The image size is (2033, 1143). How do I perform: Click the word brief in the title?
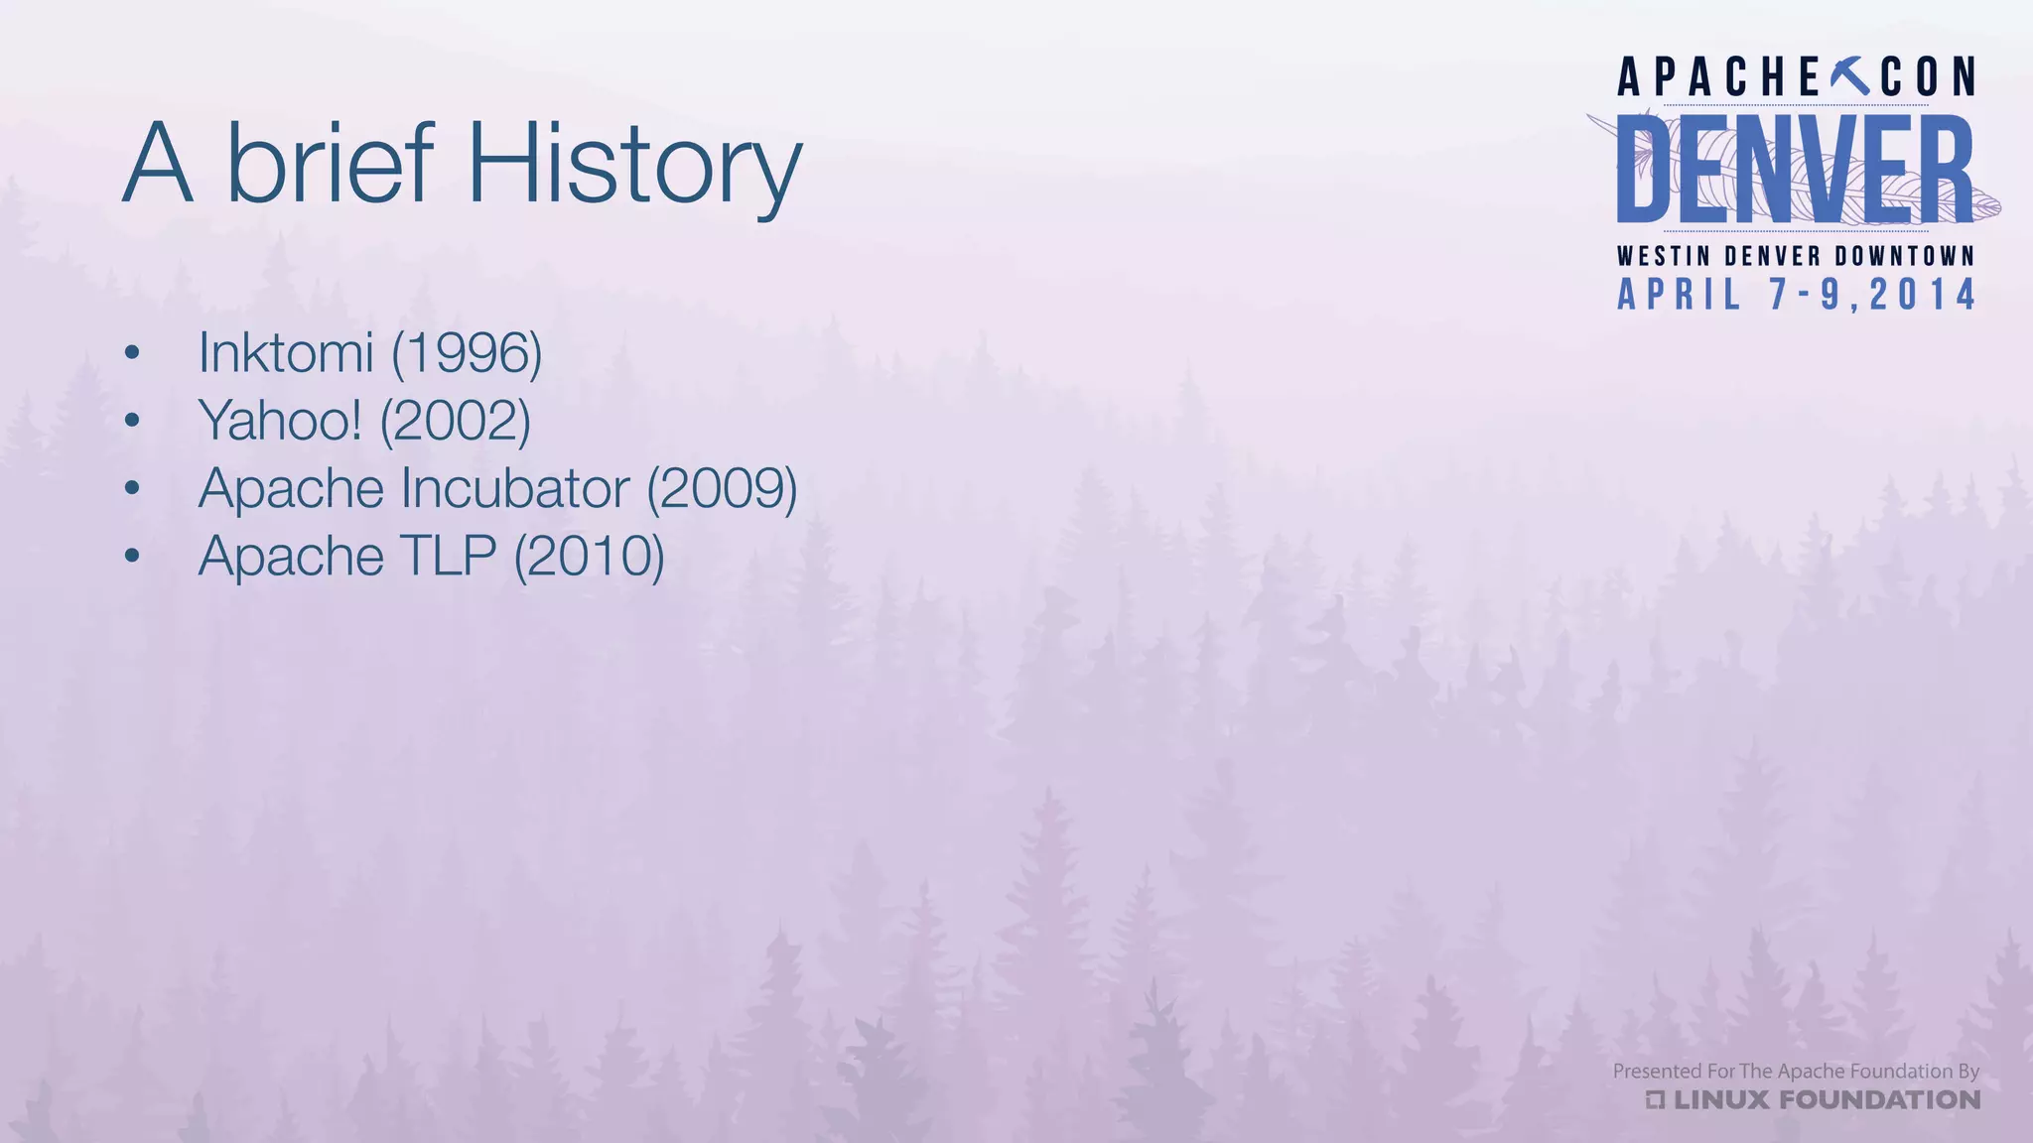click(331, 162)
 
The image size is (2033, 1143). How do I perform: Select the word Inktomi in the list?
click(286, 352)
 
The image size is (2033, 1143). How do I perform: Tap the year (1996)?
click(467, 353)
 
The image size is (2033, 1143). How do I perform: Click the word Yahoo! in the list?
click(280, 421)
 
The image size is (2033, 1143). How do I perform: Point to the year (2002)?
click(456, 421)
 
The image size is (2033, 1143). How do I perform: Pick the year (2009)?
click(722, 488)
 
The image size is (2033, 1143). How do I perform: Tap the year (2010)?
click(589, 556)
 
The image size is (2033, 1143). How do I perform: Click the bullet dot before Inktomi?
click(132, 353)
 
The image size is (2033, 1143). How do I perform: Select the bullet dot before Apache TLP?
click(132, 556)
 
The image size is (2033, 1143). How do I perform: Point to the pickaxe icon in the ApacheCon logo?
click(1848, 76)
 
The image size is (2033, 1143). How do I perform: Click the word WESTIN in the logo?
click(1664, 256)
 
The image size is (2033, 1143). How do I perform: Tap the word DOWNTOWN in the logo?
click(1905, 256)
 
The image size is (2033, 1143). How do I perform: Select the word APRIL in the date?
click(1680, 295)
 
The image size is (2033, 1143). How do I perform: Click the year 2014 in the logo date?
click(1923, 295)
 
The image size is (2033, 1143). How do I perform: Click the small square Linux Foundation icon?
click(1655, 1099)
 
